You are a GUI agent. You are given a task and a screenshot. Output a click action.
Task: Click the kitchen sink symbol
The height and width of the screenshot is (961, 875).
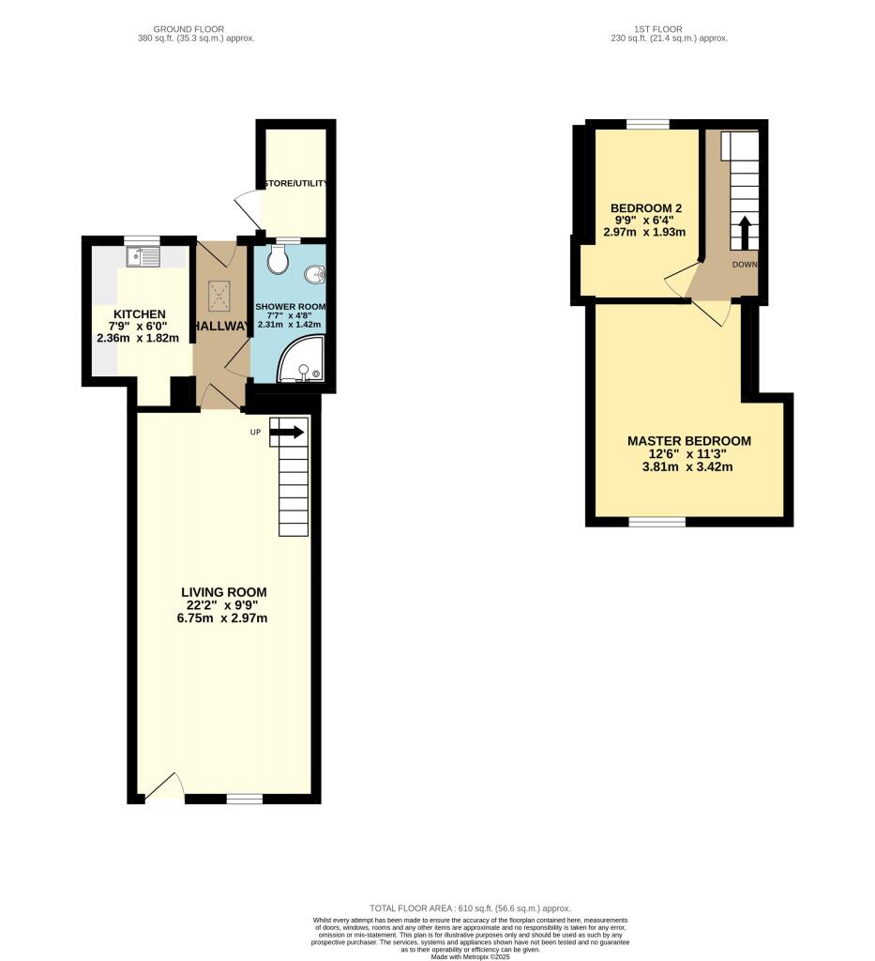(x=143, y=254)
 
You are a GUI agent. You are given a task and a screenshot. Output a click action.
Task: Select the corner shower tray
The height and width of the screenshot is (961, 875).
(x=302, y=363)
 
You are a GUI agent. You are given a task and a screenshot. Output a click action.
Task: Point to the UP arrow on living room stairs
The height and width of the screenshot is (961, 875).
(x=287, y=432)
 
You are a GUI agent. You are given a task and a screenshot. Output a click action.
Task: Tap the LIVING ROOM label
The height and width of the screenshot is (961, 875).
(x=224, y=592)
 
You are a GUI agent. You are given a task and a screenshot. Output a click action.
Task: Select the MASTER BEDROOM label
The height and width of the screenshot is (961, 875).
(x=688, y=441)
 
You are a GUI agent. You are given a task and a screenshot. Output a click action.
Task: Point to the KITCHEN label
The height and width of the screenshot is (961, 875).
(x=140, y=313)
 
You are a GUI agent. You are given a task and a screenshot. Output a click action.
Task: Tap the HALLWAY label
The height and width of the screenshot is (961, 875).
(x=221, y=326)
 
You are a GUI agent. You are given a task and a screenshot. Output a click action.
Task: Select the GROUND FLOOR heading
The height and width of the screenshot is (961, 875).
(x=194, y=29)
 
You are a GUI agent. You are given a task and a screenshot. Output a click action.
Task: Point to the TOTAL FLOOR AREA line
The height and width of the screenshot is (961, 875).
(x=470, y=908)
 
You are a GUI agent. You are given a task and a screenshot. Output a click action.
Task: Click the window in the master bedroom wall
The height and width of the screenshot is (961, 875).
(x=656, y=522)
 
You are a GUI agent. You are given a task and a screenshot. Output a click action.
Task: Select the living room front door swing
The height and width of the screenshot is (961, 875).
(x=164, y=786)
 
